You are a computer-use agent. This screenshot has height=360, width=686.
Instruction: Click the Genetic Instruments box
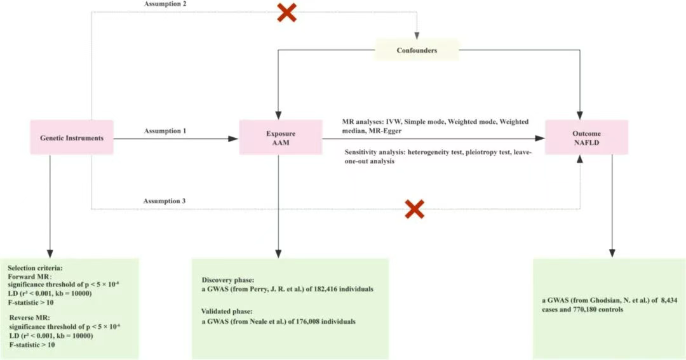pyautogui.click(x=72, y=137)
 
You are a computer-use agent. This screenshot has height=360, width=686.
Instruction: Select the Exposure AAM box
pyautogui.click(x=281, y=137)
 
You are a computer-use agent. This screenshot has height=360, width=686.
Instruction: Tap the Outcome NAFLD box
pyautogui.click(x=586, y=137)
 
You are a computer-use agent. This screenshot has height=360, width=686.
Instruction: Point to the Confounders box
pyautogui.click(x=417, y=50)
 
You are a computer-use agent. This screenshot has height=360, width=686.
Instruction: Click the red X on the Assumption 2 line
pyautogui.click(x=286, y=13)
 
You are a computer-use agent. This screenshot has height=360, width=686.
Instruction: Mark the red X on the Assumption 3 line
pyautogui.click(x=414, y=209)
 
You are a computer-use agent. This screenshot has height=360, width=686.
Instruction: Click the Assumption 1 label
pyautogui.click(x=165, y=131)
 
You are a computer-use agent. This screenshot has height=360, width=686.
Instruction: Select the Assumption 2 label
pyautogui.click(x=165, y=4)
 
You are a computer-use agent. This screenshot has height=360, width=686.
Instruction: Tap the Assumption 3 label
pyautogui.click(x=165, y=201)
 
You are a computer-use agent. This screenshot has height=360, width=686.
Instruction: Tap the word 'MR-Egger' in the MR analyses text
pyautogui.click(x=386, y=130)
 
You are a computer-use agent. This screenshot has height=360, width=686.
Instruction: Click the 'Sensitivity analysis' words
pyautogui.click(x=375, y=152)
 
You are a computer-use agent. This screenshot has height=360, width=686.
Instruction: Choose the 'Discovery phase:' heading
pyautogui.click(x=228, y=280)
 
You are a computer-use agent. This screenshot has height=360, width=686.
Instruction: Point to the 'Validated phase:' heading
pyautogui.click(x=227, y=312)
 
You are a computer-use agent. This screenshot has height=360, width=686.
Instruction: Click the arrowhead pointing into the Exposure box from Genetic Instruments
pyautogui.click(x=234, y=138)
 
